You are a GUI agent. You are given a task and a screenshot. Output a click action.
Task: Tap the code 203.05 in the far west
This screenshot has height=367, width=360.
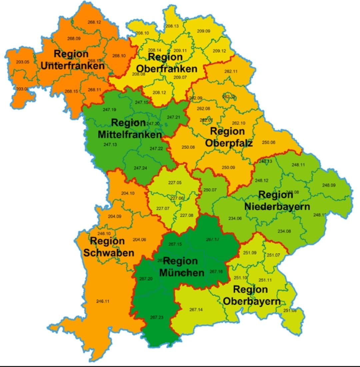[x=23, y=62]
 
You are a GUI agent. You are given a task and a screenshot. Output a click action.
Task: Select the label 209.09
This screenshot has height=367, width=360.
[x=203, y=31]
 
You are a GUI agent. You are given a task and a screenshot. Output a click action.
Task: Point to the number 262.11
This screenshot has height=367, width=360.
[x=231, y=71]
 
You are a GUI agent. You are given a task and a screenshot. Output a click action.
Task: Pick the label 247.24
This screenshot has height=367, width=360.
[x=140, y=168]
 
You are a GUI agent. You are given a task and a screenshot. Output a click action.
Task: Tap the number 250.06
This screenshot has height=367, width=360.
[x=269, y=142]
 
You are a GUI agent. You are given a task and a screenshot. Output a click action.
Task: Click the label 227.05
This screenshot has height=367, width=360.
[x=175, y=183]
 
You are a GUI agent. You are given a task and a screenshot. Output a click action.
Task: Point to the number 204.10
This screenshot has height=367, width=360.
[x=128, y=193]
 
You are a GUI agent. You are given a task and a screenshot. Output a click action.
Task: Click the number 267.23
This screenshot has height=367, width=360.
[x=157, y=317]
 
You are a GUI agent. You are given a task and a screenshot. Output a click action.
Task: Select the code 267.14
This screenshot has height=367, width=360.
[x=196, y=310]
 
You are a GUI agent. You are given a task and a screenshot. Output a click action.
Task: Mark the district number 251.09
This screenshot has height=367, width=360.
[x=250, y=253]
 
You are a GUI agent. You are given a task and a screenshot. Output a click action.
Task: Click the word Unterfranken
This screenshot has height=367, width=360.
[x=73, y=66]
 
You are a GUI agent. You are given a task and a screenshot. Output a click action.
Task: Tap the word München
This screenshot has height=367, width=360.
[x=182, y=273]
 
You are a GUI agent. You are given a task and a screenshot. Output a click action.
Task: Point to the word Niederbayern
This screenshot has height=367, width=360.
[x=277, y=206]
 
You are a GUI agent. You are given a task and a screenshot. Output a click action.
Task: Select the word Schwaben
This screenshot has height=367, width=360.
[x=109, y=253]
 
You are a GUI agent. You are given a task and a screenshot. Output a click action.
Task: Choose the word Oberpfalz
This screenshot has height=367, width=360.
[x=229, y=143]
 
